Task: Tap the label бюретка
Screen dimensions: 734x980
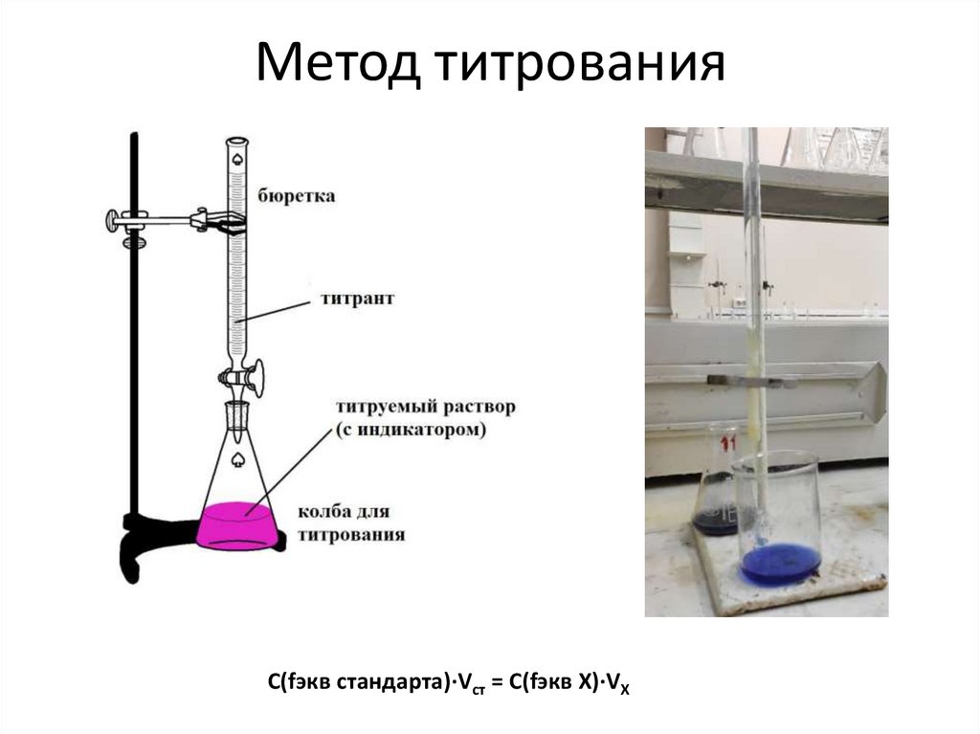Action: [x=296, y=197]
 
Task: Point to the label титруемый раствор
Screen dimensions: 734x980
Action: [x=425, y=407]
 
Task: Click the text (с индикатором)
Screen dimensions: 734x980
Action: [x=411, y=430]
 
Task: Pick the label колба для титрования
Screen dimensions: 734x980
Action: [x=351, y=522]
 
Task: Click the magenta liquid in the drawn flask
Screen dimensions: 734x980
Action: [x=238, y=527]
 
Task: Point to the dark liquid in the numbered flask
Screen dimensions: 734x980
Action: [x=714, y=521]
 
